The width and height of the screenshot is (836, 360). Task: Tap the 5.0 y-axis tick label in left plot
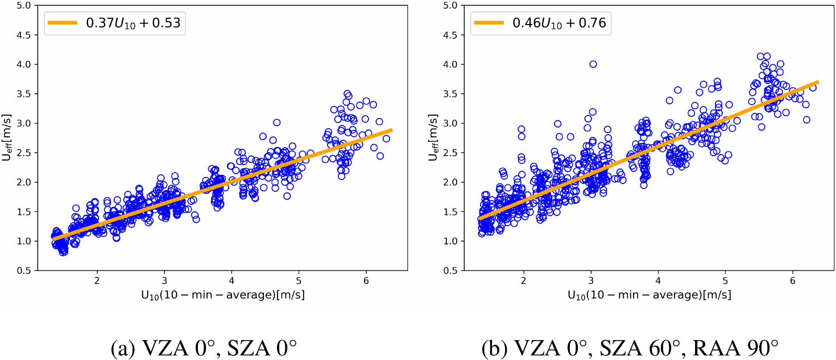24,5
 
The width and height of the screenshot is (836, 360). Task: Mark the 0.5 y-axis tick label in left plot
24,271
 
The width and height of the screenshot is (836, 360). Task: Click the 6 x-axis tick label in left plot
366,281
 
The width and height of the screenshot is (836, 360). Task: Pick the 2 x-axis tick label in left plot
97,281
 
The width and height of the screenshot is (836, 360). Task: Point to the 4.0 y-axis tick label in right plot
450,64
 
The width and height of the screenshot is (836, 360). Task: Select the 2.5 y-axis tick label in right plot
450,153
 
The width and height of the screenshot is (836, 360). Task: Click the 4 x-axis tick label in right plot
657,281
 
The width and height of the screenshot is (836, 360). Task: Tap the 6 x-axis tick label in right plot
792,281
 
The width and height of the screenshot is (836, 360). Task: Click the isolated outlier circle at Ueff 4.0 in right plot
593,64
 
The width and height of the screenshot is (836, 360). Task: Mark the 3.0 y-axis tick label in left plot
24,123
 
